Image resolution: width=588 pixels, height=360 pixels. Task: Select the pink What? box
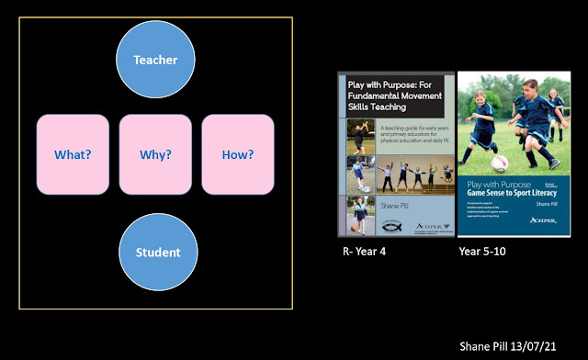coord(73,154)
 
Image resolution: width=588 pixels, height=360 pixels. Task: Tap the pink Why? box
coord(155,154)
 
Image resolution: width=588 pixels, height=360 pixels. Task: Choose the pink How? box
coord(238,154)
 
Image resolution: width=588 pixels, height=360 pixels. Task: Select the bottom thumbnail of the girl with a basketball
coord(359,215)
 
